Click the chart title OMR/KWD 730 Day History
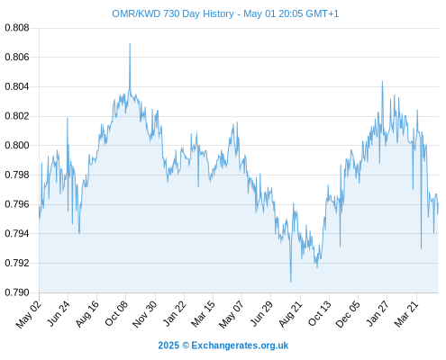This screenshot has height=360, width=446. (x=173, y=14)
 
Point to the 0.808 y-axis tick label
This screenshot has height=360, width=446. (x=17, y=28)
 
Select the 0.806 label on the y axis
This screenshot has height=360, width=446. (x=17, y=57)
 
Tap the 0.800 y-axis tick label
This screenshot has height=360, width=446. (x=17, y=146)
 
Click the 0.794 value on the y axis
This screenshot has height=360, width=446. (x=17, y=234)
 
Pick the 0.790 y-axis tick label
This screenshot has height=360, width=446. (x=17, y=292)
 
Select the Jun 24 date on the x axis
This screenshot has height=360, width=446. (x=59, y=313)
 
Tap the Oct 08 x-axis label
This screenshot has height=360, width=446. (x=116, y=313)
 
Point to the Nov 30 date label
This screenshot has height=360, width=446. (x=144, y=314)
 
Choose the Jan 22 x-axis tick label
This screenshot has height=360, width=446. (x=174, y=313)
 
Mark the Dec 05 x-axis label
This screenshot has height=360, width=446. (x=347, y=314)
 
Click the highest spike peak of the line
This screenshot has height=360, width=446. (x=130, y=43)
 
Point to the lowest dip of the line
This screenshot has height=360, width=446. (x=291, y=282)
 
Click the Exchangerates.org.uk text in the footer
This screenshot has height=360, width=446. (x=240, y=346)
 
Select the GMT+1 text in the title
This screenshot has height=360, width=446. (x=323, y=14)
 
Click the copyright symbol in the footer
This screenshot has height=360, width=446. (x=186, y=346)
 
